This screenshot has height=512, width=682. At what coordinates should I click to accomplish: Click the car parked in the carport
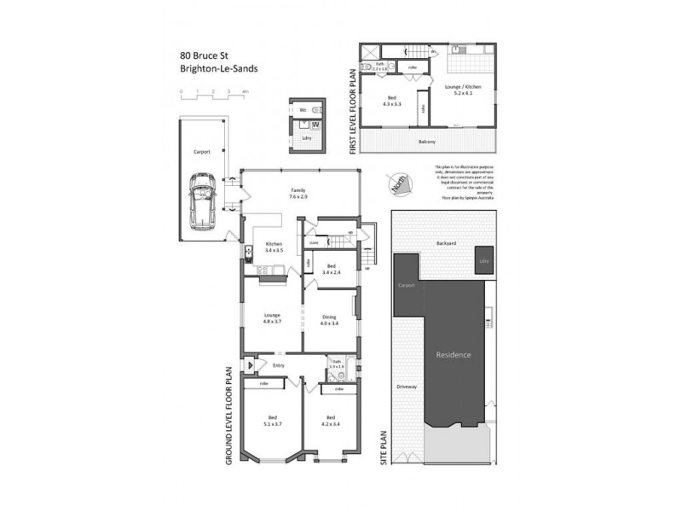click(x=203, y=199)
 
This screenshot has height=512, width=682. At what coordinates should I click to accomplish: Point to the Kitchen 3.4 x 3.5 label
click(x=273, y=247)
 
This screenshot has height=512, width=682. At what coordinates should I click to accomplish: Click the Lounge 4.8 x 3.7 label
click(x=272, y=317)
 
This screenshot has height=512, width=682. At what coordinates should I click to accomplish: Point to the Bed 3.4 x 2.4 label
click(x=332, y=268)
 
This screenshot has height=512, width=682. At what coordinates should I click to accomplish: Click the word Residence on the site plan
click(x=454, y=354)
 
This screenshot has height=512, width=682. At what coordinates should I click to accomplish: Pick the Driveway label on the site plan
click(x=407, y=387)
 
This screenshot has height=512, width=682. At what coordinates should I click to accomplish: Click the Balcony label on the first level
click(x=429, y=142)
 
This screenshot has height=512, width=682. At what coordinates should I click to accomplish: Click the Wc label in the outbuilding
click(x=302, y=110)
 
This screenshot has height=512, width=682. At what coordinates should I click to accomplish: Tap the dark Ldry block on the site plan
click(x=483, y=262)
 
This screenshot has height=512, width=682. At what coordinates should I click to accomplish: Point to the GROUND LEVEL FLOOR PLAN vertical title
click(x=228, y=415)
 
